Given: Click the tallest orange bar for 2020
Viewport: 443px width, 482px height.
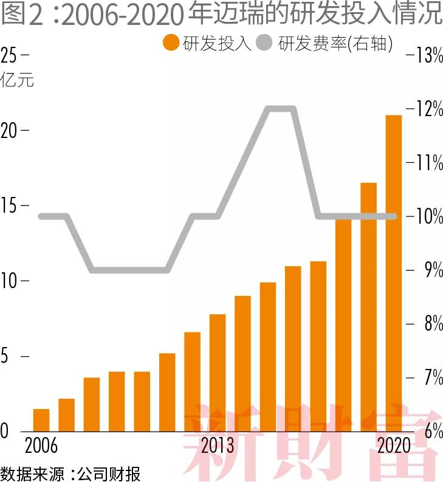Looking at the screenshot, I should pos(394,274).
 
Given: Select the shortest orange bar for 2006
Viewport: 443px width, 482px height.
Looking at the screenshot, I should pos(41,420).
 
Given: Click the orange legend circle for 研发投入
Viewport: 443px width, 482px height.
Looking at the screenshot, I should pos(171,44).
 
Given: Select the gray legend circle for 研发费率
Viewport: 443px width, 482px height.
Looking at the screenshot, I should pos(265,44).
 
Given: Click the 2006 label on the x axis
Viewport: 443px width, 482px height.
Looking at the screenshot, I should pos(41,446).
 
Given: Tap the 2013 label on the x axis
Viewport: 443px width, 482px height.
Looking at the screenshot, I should pos(218,446).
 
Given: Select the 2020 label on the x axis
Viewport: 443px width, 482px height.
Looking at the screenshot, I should pos(394,446).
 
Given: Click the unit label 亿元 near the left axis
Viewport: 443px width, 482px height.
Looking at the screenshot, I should pos(18,80).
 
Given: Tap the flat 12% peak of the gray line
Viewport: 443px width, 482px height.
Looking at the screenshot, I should pos(281,109).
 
